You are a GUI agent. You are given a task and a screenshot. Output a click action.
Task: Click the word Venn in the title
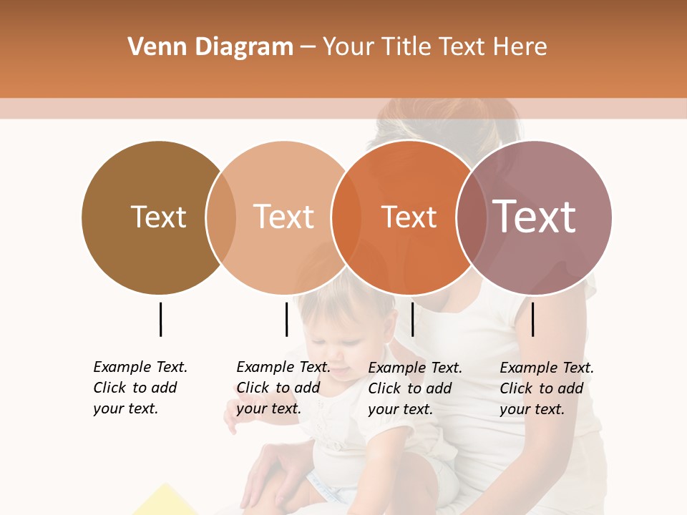(x=150, y=46)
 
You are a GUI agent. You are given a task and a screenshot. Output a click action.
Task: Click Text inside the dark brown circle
(x=158, y=217)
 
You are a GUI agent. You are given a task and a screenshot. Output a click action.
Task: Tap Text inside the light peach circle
(x=283, y=217)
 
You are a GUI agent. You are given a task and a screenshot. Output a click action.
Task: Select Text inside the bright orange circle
(x=409, y=217)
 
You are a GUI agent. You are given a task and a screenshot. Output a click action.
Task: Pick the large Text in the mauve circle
(x=534, y=216)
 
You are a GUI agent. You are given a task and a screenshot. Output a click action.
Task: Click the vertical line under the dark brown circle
(x=160, y=319)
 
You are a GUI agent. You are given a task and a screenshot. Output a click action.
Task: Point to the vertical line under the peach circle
(x=286, y=319)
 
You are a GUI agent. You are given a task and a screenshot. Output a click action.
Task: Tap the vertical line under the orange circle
(x=413, y=319)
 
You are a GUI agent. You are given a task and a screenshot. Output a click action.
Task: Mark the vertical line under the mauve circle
(x=533, y=319)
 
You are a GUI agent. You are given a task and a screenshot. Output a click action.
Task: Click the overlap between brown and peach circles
(x=221, y=217)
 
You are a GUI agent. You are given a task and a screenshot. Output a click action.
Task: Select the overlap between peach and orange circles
(x=346, y=217)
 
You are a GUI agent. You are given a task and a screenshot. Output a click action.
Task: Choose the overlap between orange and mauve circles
(x=471, y=217)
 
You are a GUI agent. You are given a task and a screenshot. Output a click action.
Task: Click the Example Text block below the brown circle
(x=140, y=388)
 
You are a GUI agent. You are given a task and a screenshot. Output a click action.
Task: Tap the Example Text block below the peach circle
(x=283, y=388)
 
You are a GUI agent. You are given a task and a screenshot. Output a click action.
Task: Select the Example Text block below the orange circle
(x=414, y=388)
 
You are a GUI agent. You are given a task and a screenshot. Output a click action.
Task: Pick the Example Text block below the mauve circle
(x=546, y=388)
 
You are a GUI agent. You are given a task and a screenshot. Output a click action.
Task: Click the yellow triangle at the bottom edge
(x=166, y=502)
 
